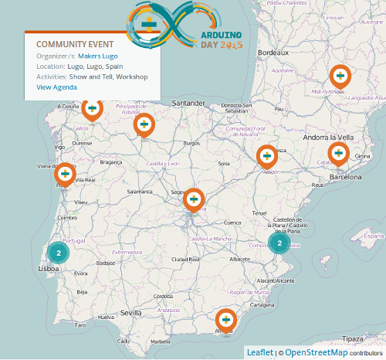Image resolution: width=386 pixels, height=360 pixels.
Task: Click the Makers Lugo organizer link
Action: click(x=100, y=56)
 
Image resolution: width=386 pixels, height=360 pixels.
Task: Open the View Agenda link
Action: click(x=56, y=87)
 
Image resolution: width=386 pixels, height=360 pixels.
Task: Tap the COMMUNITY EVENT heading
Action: click(x=75, y=44)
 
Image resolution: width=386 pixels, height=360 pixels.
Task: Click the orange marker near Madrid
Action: click(x=195, y=200)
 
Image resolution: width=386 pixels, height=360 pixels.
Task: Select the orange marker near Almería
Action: click(x=225, y=319)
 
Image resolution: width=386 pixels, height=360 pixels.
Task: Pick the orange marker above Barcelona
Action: click(x=338, y=154)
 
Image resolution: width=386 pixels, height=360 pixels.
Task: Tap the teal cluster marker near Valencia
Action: click(x=279, y=243)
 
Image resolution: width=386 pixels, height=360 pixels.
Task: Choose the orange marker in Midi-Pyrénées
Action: click(x=340, y=76)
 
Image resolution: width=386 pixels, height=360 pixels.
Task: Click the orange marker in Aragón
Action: click(x=267, y=156)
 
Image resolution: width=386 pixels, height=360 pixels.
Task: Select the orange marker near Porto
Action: click(x=65, y=175)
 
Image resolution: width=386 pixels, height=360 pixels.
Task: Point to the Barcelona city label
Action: click(x=345, y=177)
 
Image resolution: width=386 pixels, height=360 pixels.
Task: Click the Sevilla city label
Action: click(x=130, y=313)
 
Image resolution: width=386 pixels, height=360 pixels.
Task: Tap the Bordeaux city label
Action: click(x=273, y=52)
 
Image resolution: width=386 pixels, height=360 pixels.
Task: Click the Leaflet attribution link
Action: click(x=259, y=352)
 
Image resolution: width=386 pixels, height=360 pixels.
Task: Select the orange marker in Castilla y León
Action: click(x=144, y=124)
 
